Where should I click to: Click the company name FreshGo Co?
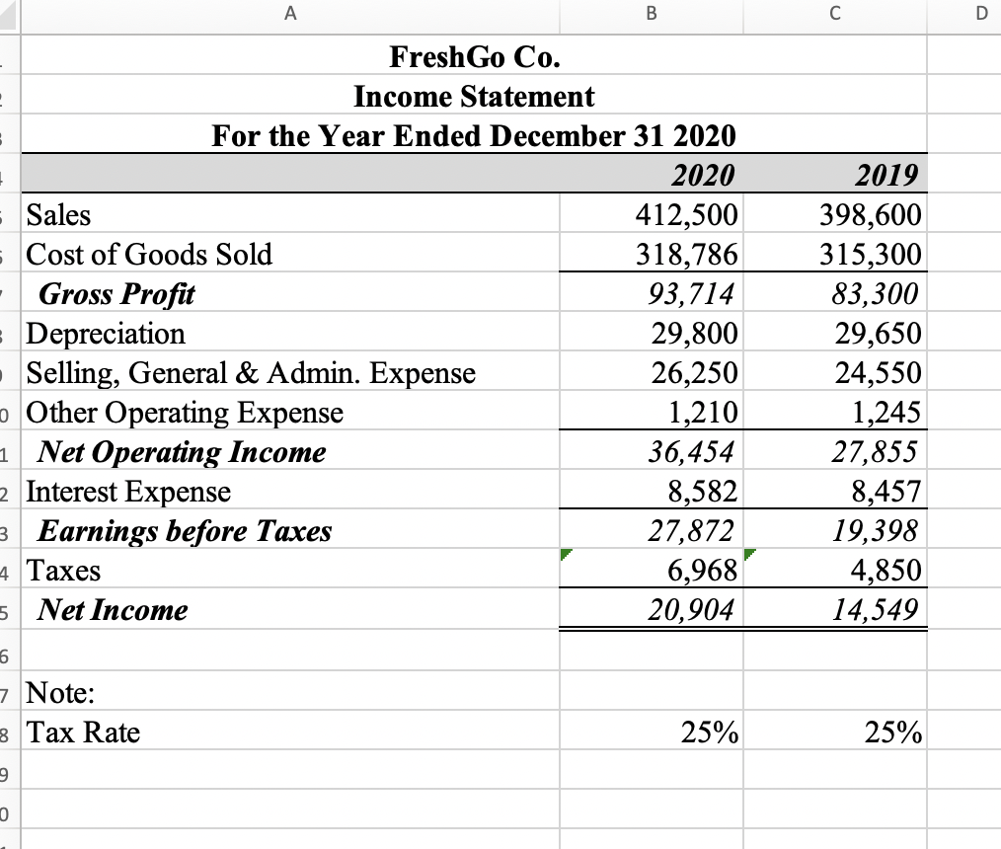point(477,57)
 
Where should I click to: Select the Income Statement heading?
point(474,97)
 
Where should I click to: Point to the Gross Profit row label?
point(116,294)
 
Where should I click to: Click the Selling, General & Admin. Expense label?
point(251,373)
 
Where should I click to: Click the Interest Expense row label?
point(128,492)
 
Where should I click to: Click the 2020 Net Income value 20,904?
point(691,610)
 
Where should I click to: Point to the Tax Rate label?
point(83,733)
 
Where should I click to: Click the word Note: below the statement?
point(61,693)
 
